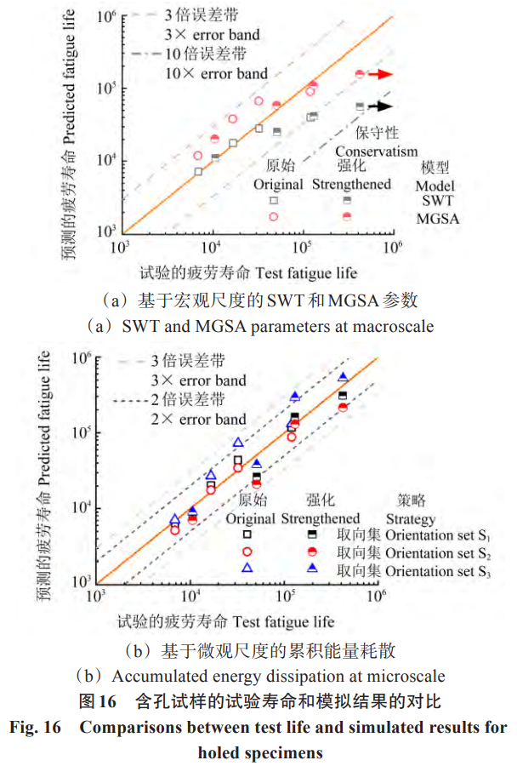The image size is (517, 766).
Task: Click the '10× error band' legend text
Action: (216, 74)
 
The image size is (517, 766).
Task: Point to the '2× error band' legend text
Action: (198, 419)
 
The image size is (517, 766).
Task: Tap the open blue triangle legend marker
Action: (247, 568)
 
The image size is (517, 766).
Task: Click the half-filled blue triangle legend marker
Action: (312, 568)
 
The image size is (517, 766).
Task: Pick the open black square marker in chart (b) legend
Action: (247, 534)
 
